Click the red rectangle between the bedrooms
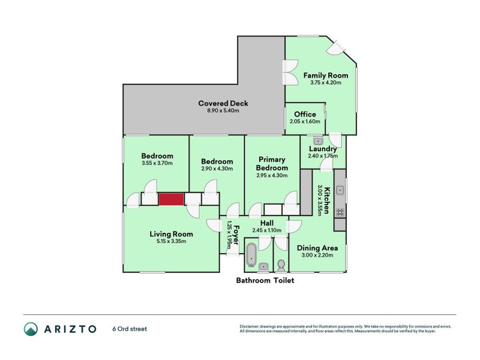click(171, 199)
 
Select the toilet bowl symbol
click(281, 265)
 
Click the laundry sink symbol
click(318, 141)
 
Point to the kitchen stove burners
click(340, 212)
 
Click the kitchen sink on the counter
click(340, 190)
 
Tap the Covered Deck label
click(223, 103)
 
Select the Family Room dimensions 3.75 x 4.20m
click(326, 82)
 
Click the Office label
click(305, 114)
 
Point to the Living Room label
click(171, 234)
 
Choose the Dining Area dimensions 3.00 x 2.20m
click(317, 255)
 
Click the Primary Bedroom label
click(272, 163)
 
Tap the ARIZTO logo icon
click(31, 329)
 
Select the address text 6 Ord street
click(130, 329)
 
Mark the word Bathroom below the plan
click(253, 280)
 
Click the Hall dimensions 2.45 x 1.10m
click(267, 230)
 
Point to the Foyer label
click(236, 235)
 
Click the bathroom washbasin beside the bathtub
click(263, 267)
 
